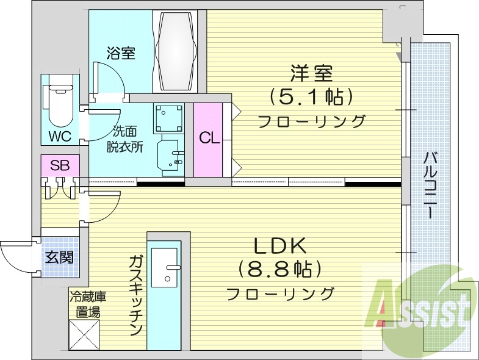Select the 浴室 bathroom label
[x=120, y=53]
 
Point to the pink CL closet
[x=209, y=138]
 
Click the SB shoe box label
[x=59, y=165]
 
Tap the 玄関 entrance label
[x=59, y=256]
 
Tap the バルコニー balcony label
[x=430, y=185]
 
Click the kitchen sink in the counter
[x=165, y=268]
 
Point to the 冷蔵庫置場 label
[x=88, y=304]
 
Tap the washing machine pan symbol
[x=169, y=118]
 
